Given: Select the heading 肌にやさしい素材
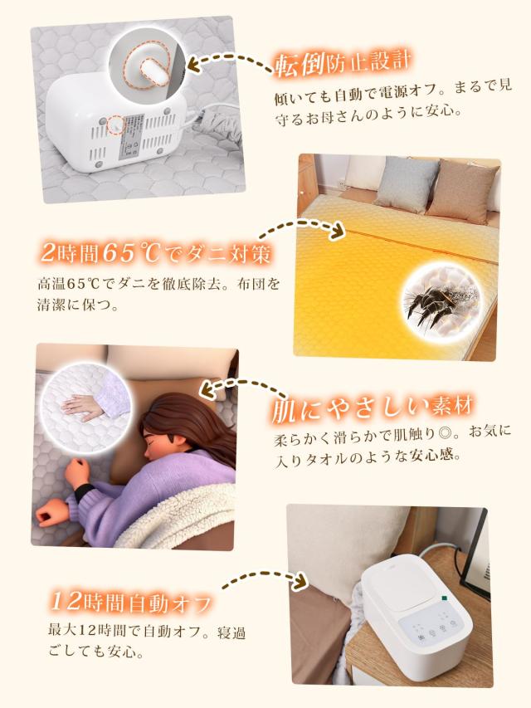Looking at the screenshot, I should pyautogui.click(x=373, y=409).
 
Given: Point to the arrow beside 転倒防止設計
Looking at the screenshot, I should pyautogui.click(x=229, y=61).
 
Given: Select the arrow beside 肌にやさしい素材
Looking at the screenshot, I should pyautogui.click(x=240, y=387).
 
